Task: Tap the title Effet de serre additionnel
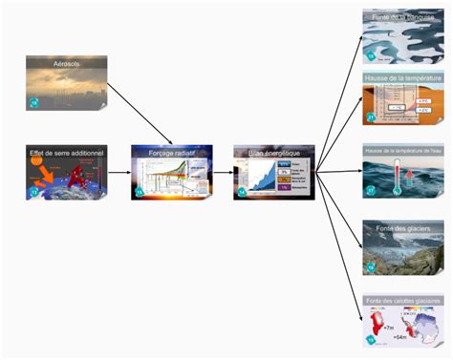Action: tap(66, 151)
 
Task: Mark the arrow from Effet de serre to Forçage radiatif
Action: tap(119, 173)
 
